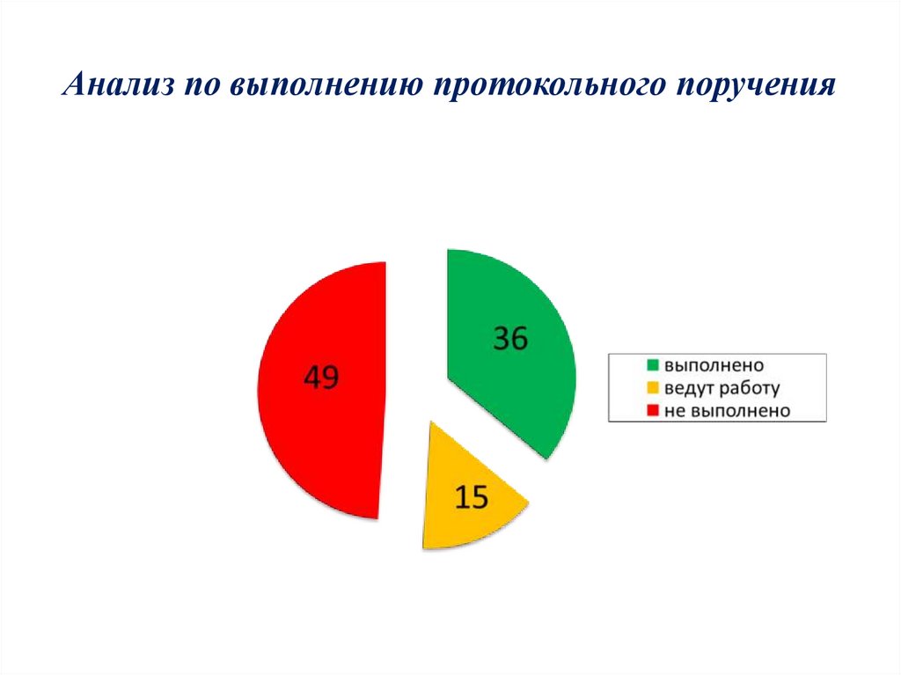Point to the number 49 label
[x=321, y=378]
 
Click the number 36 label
[x=510, y=339]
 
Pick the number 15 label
[x=471, y=498]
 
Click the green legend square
[x=653, y=364]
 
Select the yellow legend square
[x=653, y=387]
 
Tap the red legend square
[x=653, y=410]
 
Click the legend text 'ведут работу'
[x=722, y=387]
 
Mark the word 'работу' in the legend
[x=749, y=387]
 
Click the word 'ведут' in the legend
[x=688, y=387]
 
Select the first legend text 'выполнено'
[x=714, y=364]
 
